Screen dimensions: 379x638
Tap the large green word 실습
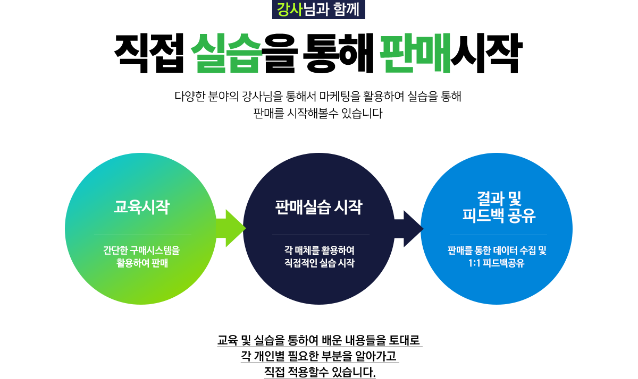226,53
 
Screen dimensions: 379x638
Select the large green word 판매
415,53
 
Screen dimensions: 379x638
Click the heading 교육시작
142,206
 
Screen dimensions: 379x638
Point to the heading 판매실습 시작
318,207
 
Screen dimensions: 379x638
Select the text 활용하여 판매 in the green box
142,263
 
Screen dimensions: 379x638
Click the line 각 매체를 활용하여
319,250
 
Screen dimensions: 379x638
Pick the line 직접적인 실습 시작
319,263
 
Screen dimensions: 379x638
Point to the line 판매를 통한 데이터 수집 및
497,250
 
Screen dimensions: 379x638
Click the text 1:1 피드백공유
494,263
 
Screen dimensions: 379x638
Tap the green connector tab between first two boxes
229,228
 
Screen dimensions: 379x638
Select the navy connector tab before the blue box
408,228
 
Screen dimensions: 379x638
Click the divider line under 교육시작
142,235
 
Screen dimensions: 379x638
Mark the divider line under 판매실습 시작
321,235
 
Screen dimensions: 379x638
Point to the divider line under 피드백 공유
498,235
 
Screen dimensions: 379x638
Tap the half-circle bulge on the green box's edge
68,228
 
